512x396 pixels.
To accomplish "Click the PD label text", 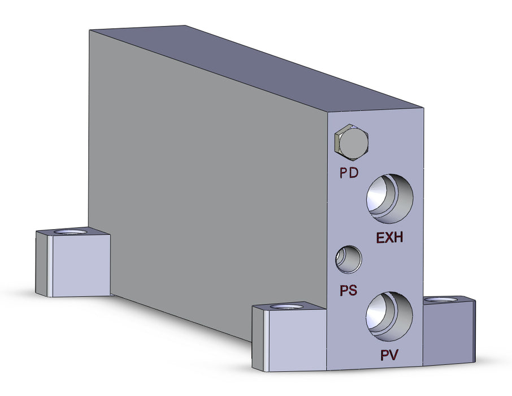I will click(349, 173).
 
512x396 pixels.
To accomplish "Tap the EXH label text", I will click(390, 238).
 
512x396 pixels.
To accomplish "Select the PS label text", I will click(348, 291).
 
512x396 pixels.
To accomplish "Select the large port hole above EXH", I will click(389, 198).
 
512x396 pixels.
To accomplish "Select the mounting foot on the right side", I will click(449, 331).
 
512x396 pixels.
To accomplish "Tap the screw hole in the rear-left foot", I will click(71, 233).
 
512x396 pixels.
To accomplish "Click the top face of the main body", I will click(254, 65).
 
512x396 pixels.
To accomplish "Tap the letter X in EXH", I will click(390, 238).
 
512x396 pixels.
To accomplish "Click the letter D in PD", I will click(354, 173).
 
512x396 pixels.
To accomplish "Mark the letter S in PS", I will click(353, 291).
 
